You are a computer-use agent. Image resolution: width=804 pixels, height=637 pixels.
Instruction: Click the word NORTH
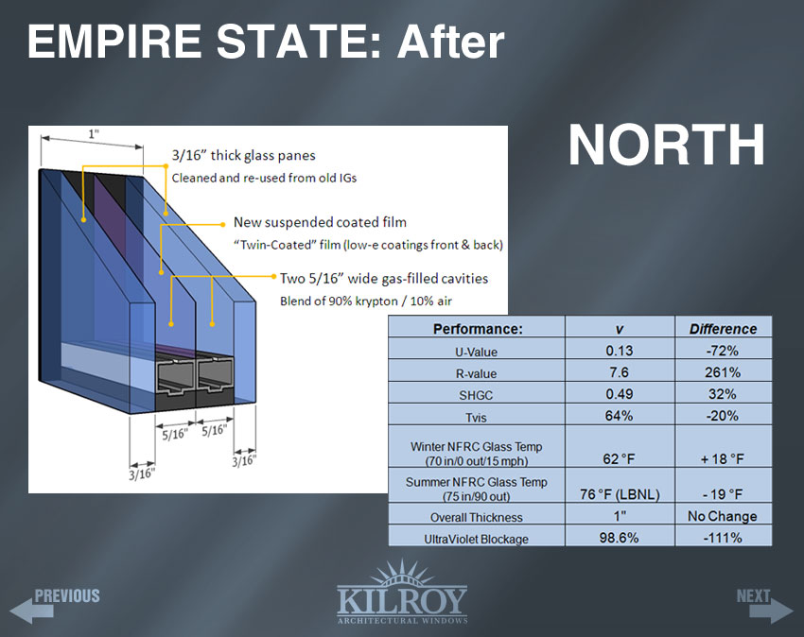coord(667,145)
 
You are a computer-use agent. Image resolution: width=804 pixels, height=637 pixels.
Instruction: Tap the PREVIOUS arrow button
coord(55,605)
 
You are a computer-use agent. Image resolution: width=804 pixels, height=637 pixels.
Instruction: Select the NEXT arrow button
coord(764,605)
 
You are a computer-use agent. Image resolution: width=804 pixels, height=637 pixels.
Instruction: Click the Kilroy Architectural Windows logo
coord(402,592)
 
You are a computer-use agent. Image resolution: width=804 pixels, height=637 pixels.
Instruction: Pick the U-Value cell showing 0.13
coord(620,351)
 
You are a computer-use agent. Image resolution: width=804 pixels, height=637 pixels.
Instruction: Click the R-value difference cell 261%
coord(723,372)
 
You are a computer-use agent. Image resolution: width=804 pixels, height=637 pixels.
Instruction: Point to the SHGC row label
coord(476,395)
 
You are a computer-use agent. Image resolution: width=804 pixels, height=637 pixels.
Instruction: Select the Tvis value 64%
coord(620,415)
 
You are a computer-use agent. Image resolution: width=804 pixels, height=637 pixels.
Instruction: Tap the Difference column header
coord(723,329)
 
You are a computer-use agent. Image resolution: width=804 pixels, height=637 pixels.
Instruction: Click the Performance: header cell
coord(478,329)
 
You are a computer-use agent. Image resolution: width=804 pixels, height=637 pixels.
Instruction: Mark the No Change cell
coord(723,516)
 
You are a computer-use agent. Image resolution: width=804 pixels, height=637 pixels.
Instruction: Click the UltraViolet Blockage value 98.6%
coord(620,538)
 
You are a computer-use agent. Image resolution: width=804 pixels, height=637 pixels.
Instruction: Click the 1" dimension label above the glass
coord(93,134)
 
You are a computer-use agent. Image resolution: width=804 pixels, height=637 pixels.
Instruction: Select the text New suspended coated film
coord(320,222)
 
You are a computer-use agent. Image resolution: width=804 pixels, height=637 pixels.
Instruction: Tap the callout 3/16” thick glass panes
coord(243,155)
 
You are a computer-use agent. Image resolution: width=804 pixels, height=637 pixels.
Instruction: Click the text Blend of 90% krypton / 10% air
coord(366,301)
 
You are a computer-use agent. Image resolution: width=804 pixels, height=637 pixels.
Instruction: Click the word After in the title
coord(450,42)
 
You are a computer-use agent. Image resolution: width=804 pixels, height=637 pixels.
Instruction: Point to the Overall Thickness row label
coord(477,517)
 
